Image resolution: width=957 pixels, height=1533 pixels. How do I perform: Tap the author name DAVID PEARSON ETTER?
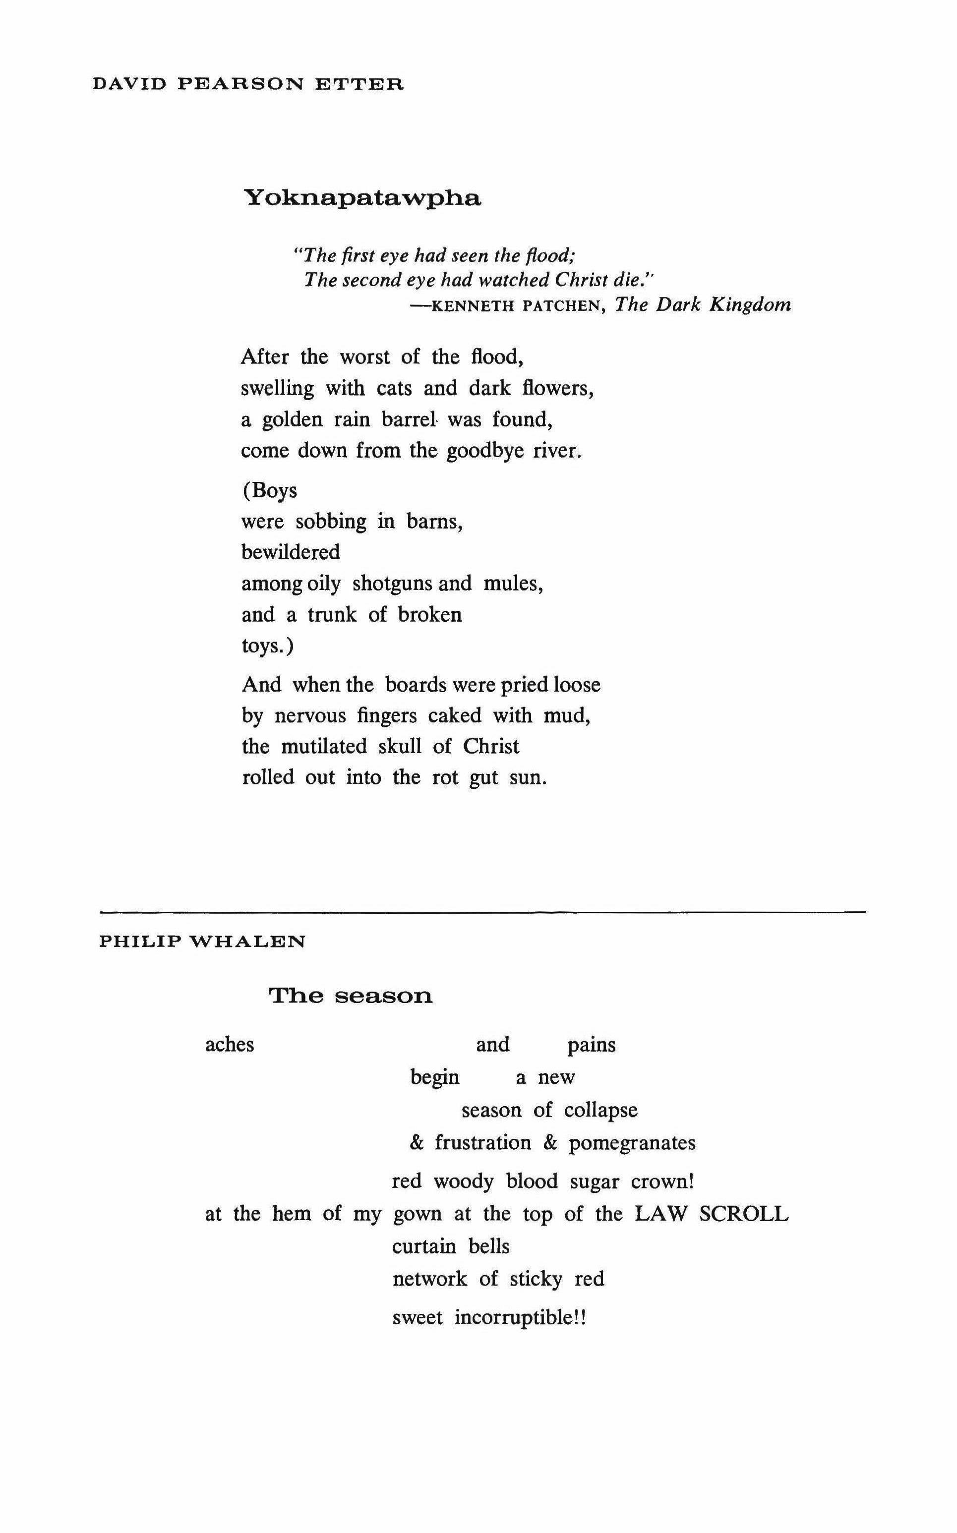click(247, 83)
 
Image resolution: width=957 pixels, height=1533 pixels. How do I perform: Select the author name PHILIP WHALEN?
click(202, 942)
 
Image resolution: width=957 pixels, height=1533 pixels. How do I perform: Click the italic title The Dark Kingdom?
click(703, 305)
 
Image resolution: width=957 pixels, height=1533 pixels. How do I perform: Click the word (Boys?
click(269, 490)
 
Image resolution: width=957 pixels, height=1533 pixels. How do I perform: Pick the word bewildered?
click(291, 552)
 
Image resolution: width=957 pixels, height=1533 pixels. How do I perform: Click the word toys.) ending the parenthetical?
click(268, 646)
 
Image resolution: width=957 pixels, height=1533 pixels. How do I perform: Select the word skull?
click(399, 747)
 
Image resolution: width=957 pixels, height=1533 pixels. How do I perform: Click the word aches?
click(229, 1045)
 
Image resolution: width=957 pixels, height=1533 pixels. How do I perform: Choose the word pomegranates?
click(631, 1143)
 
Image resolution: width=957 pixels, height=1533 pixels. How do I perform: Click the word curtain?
click(424, 1246)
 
